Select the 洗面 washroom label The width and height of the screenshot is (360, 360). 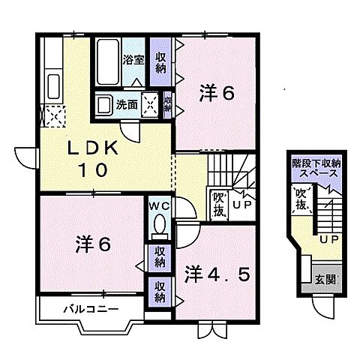pyautogui.click(x=127, y=105)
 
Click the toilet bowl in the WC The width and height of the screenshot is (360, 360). pyautogui.click(x=159, y=224)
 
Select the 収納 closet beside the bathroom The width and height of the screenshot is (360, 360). pyautogui.click(x=160, y=62)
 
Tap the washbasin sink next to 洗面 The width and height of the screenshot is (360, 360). pyautogui.click(x=104, y=105)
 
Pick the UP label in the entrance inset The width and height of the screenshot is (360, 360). pyautogui.click(x=327, y=240)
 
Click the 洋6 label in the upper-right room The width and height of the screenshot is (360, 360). pyautogui.click(x=217, y=94)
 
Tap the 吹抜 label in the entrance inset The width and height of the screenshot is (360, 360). pyautogui.click(x=301, y=200)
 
